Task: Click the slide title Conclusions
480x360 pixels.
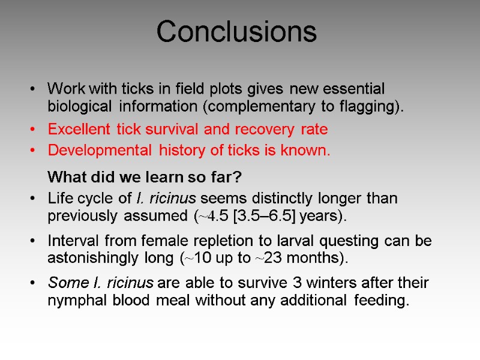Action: [x=236, y=32]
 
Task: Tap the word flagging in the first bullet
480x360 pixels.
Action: [x=371, y=107]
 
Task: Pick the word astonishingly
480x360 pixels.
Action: [x=96, y=259]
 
